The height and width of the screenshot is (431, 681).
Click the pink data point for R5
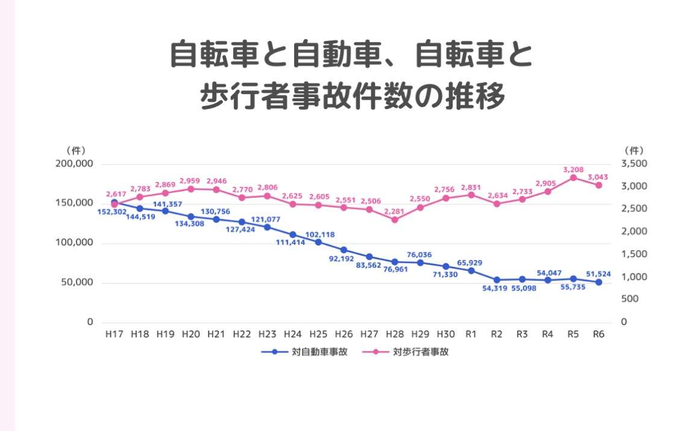coord(573,177)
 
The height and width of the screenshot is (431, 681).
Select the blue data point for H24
coord(293,234)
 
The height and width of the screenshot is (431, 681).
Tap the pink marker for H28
coord(395,219)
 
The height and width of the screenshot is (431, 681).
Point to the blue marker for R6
coord(598,282)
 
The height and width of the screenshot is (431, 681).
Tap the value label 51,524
coord(598,274)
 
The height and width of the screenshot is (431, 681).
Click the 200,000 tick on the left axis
coord(74,164)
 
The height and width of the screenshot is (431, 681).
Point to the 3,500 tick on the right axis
coord(634,164)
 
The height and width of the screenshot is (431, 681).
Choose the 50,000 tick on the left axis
coord(76,283)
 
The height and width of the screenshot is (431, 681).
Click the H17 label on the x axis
coord(115,333)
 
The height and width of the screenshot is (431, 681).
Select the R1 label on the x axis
coord(471,333)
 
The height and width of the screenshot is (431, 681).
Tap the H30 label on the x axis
coord(445,333)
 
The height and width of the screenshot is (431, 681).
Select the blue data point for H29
coord(420,262)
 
